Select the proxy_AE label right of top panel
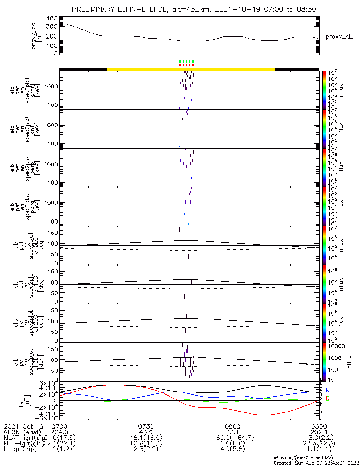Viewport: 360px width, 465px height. click(335, 36)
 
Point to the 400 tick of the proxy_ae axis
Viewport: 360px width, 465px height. click(52, 19)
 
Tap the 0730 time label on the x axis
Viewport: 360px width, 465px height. click(146, 426)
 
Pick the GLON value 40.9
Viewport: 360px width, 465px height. click(146, 432)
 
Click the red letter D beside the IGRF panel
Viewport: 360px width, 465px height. click(328, 399)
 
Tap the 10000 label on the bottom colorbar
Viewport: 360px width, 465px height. click(336, 346)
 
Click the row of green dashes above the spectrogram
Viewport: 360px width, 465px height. click(186, 61)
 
